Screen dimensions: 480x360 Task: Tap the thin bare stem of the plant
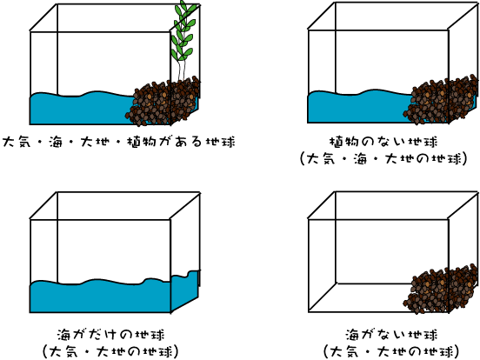[x=181, y=70]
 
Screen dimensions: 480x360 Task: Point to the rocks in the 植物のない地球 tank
[x=440, y=99]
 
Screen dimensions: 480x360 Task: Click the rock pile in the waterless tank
[x=440, y=290]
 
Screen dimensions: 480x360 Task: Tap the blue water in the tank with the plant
[x=83, y=109]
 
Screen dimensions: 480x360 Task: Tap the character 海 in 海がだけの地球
[x=64, y=335]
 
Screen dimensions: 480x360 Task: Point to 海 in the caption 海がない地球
[x=352, y=335]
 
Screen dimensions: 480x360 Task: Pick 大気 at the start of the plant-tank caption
[x=17, y=142]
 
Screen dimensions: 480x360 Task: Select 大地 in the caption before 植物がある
[x=95, y=142]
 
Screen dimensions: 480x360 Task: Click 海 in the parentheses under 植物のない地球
[x=361, y=159]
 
